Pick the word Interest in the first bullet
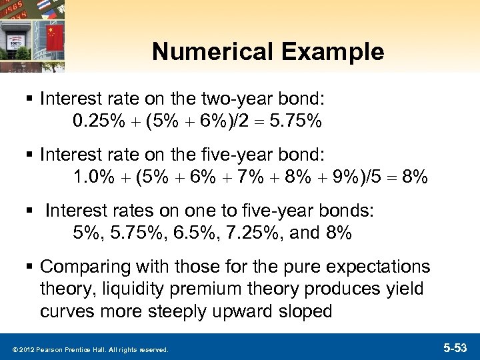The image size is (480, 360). pyautogui.click(x=69, y=100)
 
